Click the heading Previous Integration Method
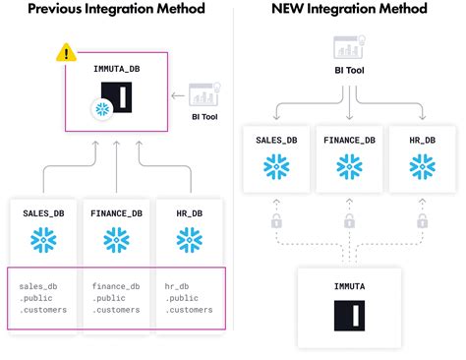tap(116, 9)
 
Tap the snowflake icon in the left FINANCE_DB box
tap(116, 240)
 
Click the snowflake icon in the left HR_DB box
tap(189, 240)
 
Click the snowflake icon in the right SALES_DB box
tap(275, 167)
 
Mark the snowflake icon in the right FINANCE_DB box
tap(350, 167)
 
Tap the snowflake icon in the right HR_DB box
tap(424, 167)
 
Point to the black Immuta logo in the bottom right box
tap(349, 317)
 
